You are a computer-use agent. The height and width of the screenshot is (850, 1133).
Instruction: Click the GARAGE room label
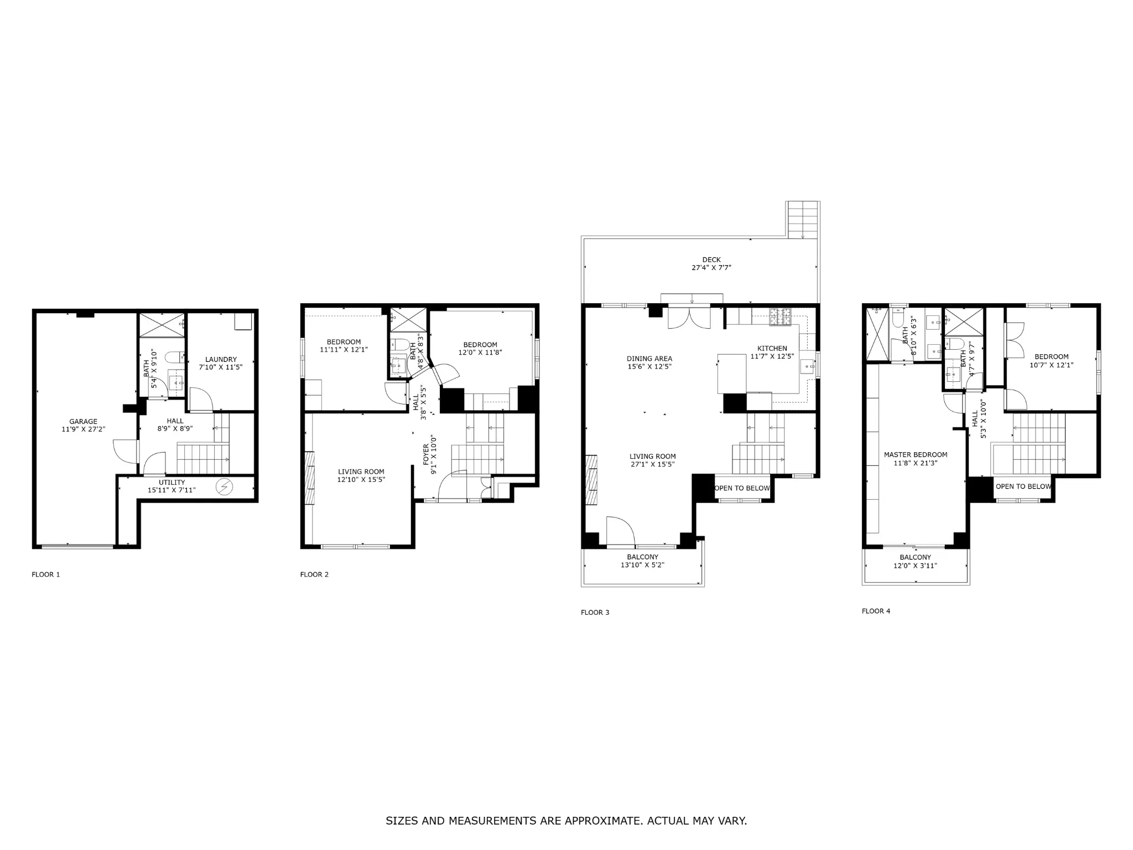click(83, 422)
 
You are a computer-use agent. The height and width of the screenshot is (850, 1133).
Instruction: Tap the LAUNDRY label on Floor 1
click(221, 359)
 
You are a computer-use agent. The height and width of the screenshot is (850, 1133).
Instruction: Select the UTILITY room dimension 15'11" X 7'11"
click(171, 490)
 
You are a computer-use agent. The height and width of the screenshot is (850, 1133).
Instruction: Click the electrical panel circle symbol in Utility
click(225, 487)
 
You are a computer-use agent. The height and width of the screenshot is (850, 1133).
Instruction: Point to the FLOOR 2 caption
click(314, 574)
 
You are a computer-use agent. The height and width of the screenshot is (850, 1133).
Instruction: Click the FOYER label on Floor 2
click(426, 454)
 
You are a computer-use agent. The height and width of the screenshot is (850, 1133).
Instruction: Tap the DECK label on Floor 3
click(711, 260)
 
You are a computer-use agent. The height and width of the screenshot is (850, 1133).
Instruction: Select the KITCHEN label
click(772, 348)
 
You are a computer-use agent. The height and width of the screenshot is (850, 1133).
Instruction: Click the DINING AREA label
click(649, 359)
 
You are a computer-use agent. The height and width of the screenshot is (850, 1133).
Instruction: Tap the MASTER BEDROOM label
click(916, 455)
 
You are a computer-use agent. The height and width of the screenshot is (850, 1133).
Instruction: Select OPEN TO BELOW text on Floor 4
click(1023, 486)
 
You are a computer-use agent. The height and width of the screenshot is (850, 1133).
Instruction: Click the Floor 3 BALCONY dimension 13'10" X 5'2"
click(642, 565)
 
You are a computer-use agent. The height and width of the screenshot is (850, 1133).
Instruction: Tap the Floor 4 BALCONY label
click(915, 557)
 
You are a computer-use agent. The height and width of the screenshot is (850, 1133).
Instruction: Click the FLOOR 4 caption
click(876, 611)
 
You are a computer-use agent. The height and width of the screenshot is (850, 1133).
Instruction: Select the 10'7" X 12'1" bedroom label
click(1051, 365)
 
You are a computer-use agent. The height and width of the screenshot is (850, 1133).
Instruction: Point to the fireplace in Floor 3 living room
click(592, 479)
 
